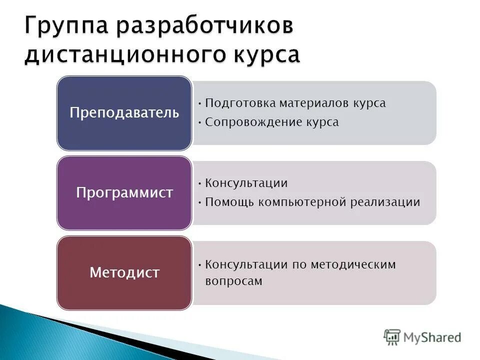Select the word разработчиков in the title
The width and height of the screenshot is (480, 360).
coord(204,26)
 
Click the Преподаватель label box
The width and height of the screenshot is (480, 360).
coord(124,112)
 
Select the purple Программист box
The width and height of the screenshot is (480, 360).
coord(124,192)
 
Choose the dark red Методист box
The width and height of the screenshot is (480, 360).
coord(124,272)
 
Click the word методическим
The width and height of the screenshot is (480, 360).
coord(353,264)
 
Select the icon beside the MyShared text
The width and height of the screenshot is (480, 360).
coord(392,337)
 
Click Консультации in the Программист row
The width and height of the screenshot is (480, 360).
coord(246,183)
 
